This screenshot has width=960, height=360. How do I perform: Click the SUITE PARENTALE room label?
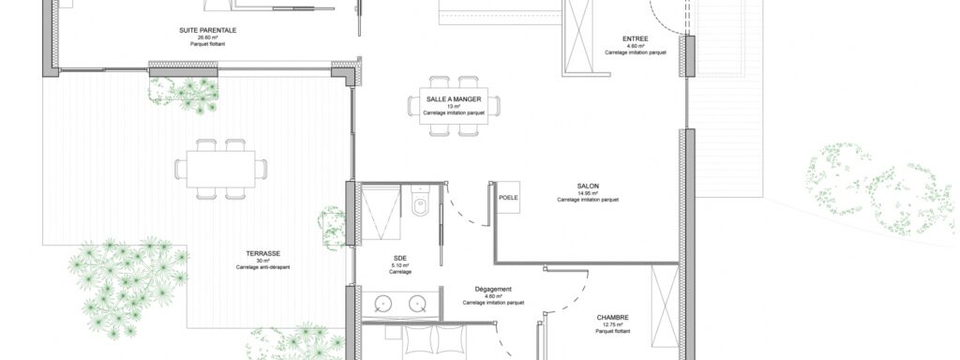207,30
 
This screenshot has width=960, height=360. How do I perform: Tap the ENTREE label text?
635,39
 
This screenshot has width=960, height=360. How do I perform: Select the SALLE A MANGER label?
454,99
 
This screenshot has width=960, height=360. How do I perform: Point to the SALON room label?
588,187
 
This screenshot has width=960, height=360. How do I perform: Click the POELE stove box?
508,197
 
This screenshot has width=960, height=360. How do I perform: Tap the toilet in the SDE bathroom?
421,202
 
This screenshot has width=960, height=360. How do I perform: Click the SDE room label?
400,258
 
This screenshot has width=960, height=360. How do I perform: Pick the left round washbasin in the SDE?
383,304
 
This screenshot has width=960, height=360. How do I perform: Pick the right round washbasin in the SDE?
417,304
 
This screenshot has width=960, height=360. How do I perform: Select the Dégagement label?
493,289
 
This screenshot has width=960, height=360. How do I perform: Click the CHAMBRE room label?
613,318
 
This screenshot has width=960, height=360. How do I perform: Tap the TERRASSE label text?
262,253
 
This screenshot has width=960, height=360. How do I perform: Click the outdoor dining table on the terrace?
221,169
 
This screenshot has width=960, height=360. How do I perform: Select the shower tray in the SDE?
381,214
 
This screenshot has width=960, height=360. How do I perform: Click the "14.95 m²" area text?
588,193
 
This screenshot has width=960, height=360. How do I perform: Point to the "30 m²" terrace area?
262,261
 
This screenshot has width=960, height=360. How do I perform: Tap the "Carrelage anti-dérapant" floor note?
262,267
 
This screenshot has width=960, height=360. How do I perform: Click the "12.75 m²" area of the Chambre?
613,325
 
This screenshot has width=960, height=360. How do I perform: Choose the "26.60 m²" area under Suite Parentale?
207,37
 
